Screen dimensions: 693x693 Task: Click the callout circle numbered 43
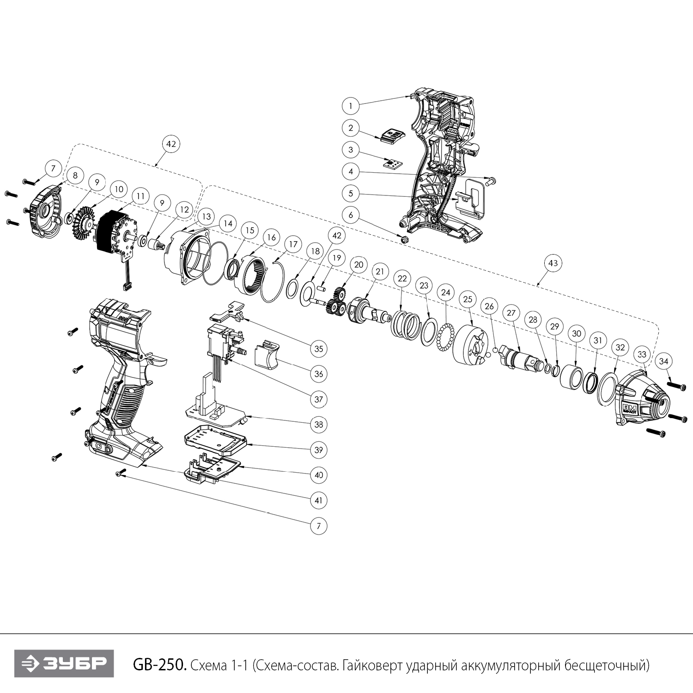click(553, 263)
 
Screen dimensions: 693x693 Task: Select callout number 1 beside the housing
click(351, 106)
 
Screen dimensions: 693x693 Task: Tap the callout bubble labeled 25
click(468, 299)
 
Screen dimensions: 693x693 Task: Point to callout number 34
click(663, 361)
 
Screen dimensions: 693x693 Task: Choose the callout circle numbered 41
click(318, 500)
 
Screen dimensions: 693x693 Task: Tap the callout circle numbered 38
click(318, 424)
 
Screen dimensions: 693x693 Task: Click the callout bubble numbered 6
click(351, 215)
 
